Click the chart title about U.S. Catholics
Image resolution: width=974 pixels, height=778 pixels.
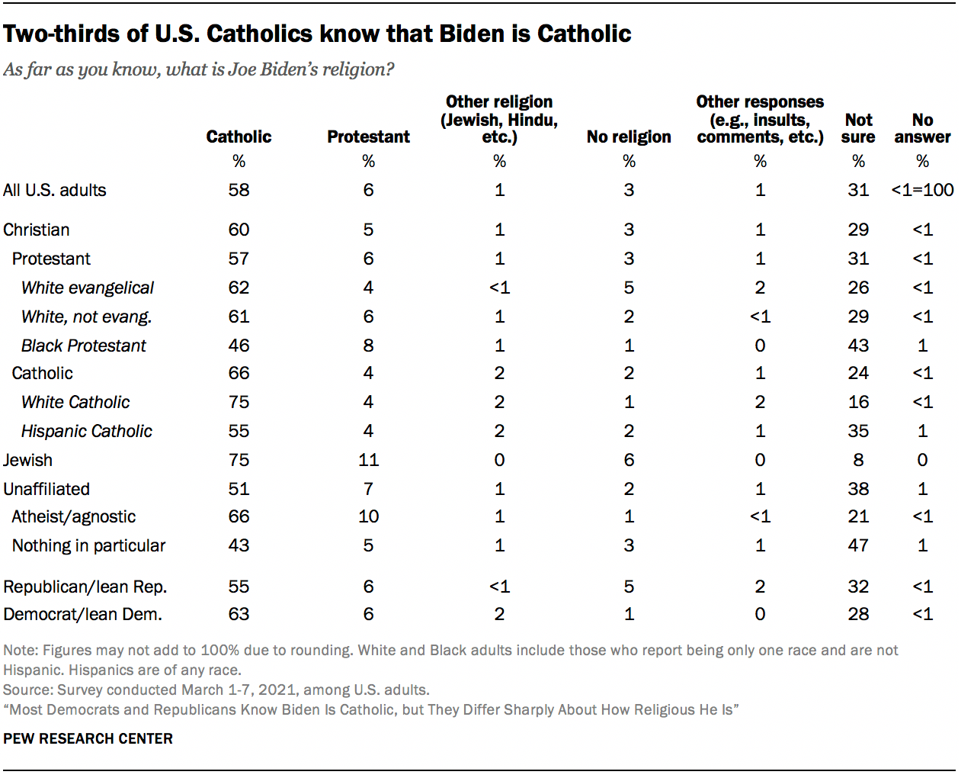[x=317, y=34]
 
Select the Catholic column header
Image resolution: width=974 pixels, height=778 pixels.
[x=239, y=137]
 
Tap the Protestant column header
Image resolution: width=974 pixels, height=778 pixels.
[x=368, y=137]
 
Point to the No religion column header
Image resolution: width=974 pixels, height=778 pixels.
[x=629, y=137]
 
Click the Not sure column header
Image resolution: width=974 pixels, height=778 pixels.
[x=858, y=128]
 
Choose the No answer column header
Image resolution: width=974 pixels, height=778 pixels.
[x=922, y=128]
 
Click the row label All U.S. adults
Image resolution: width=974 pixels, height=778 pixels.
[x=55, y=190]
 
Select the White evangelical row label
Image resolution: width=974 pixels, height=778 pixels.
[x=88, y=288]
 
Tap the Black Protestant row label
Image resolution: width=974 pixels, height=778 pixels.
[x=84, y=346]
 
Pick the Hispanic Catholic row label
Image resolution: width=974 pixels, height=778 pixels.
[x=87, y=431]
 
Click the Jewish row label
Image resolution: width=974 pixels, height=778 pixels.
[x=28, y=460]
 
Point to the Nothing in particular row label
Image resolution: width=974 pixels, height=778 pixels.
[x=88, y=545]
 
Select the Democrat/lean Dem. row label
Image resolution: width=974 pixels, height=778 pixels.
[x=83, y=614]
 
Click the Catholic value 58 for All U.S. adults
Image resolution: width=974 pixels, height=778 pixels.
[x=239, y=190]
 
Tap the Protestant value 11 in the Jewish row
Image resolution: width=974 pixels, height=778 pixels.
[x=368, y=460]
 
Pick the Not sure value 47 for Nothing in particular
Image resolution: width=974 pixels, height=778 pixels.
[x=858, y=545]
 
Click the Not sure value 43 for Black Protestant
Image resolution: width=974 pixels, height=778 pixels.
[x=858, y=346]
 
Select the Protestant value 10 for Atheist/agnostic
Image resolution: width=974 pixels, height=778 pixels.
[x=368, y=516]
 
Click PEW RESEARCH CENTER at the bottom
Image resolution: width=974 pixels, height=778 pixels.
[x=88, y=738]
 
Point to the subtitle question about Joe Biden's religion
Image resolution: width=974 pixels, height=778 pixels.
[x=199, y=69]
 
